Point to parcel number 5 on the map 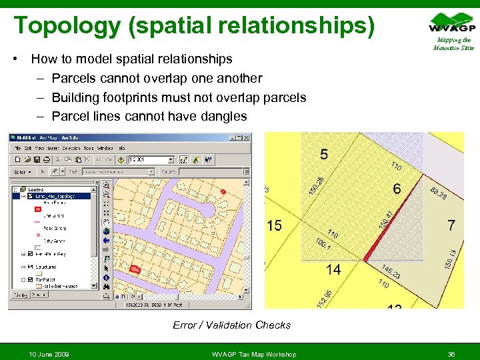(x=323, y=155)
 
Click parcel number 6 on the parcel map (x=397, y=189)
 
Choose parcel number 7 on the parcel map (x=451, y=225)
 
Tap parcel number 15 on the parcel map (x=274, y=226)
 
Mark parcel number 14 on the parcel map (x=333, y=269)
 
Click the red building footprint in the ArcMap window (x=135, y=269)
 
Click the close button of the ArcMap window (x=248, y=137)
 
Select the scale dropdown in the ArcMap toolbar (x=151, y=160)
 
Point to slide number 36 (x=451, y=353)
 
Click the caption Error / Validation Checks (x=232, y=325)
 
